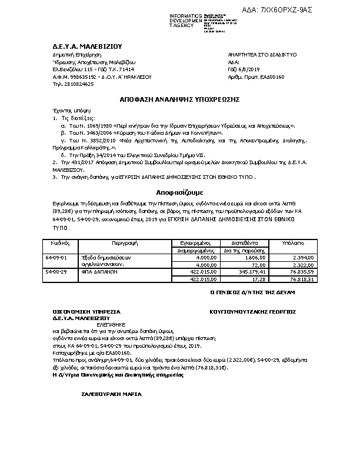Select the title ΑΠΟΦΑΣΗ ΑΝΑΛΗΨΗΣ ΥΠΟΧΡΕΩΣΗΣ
click(180, 101)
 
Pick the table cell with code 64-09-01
click(56, 257)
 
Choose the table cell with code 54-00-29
click(56, 272)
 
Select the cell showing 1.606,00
click(256, 258)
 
